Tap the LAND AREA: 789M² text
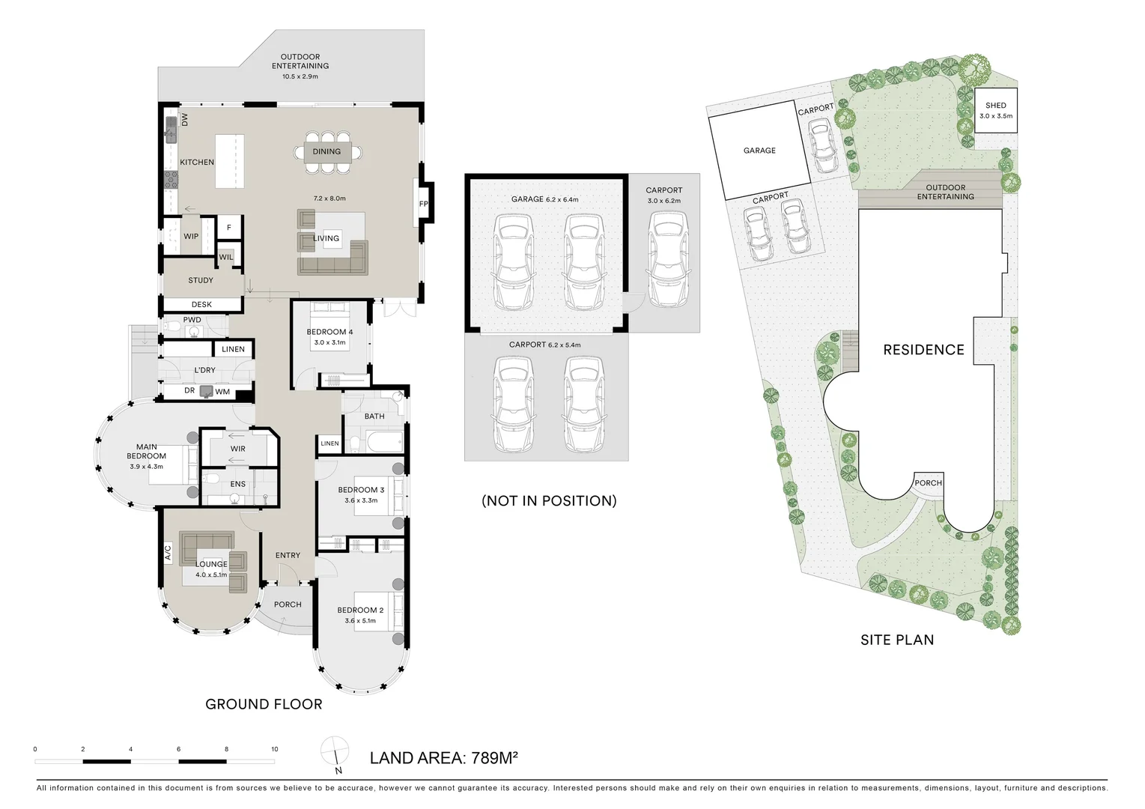point(444,758)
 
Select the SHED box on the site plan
point(995,111)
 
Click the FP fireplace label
point(423,204)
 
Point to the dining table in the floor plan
point(327,152)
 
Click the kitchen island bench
point(230,161)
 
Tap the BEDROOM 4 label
point(329,332)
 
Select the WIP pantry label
point(191,237)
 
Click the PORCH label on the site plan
point(928,483)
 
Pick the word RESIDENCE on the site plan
point(923,350)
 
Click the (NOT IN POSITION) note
point(549,501)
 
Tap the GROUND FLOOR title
point(264,704)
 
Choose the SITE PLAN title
point(896,640)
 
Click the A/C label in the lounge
point(168,554)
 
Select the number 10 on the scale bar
point(274,749)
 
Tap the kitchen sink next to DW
point(171,130)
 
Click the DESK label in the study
point(201,305)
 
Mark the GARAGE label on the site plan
point(759,151)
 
